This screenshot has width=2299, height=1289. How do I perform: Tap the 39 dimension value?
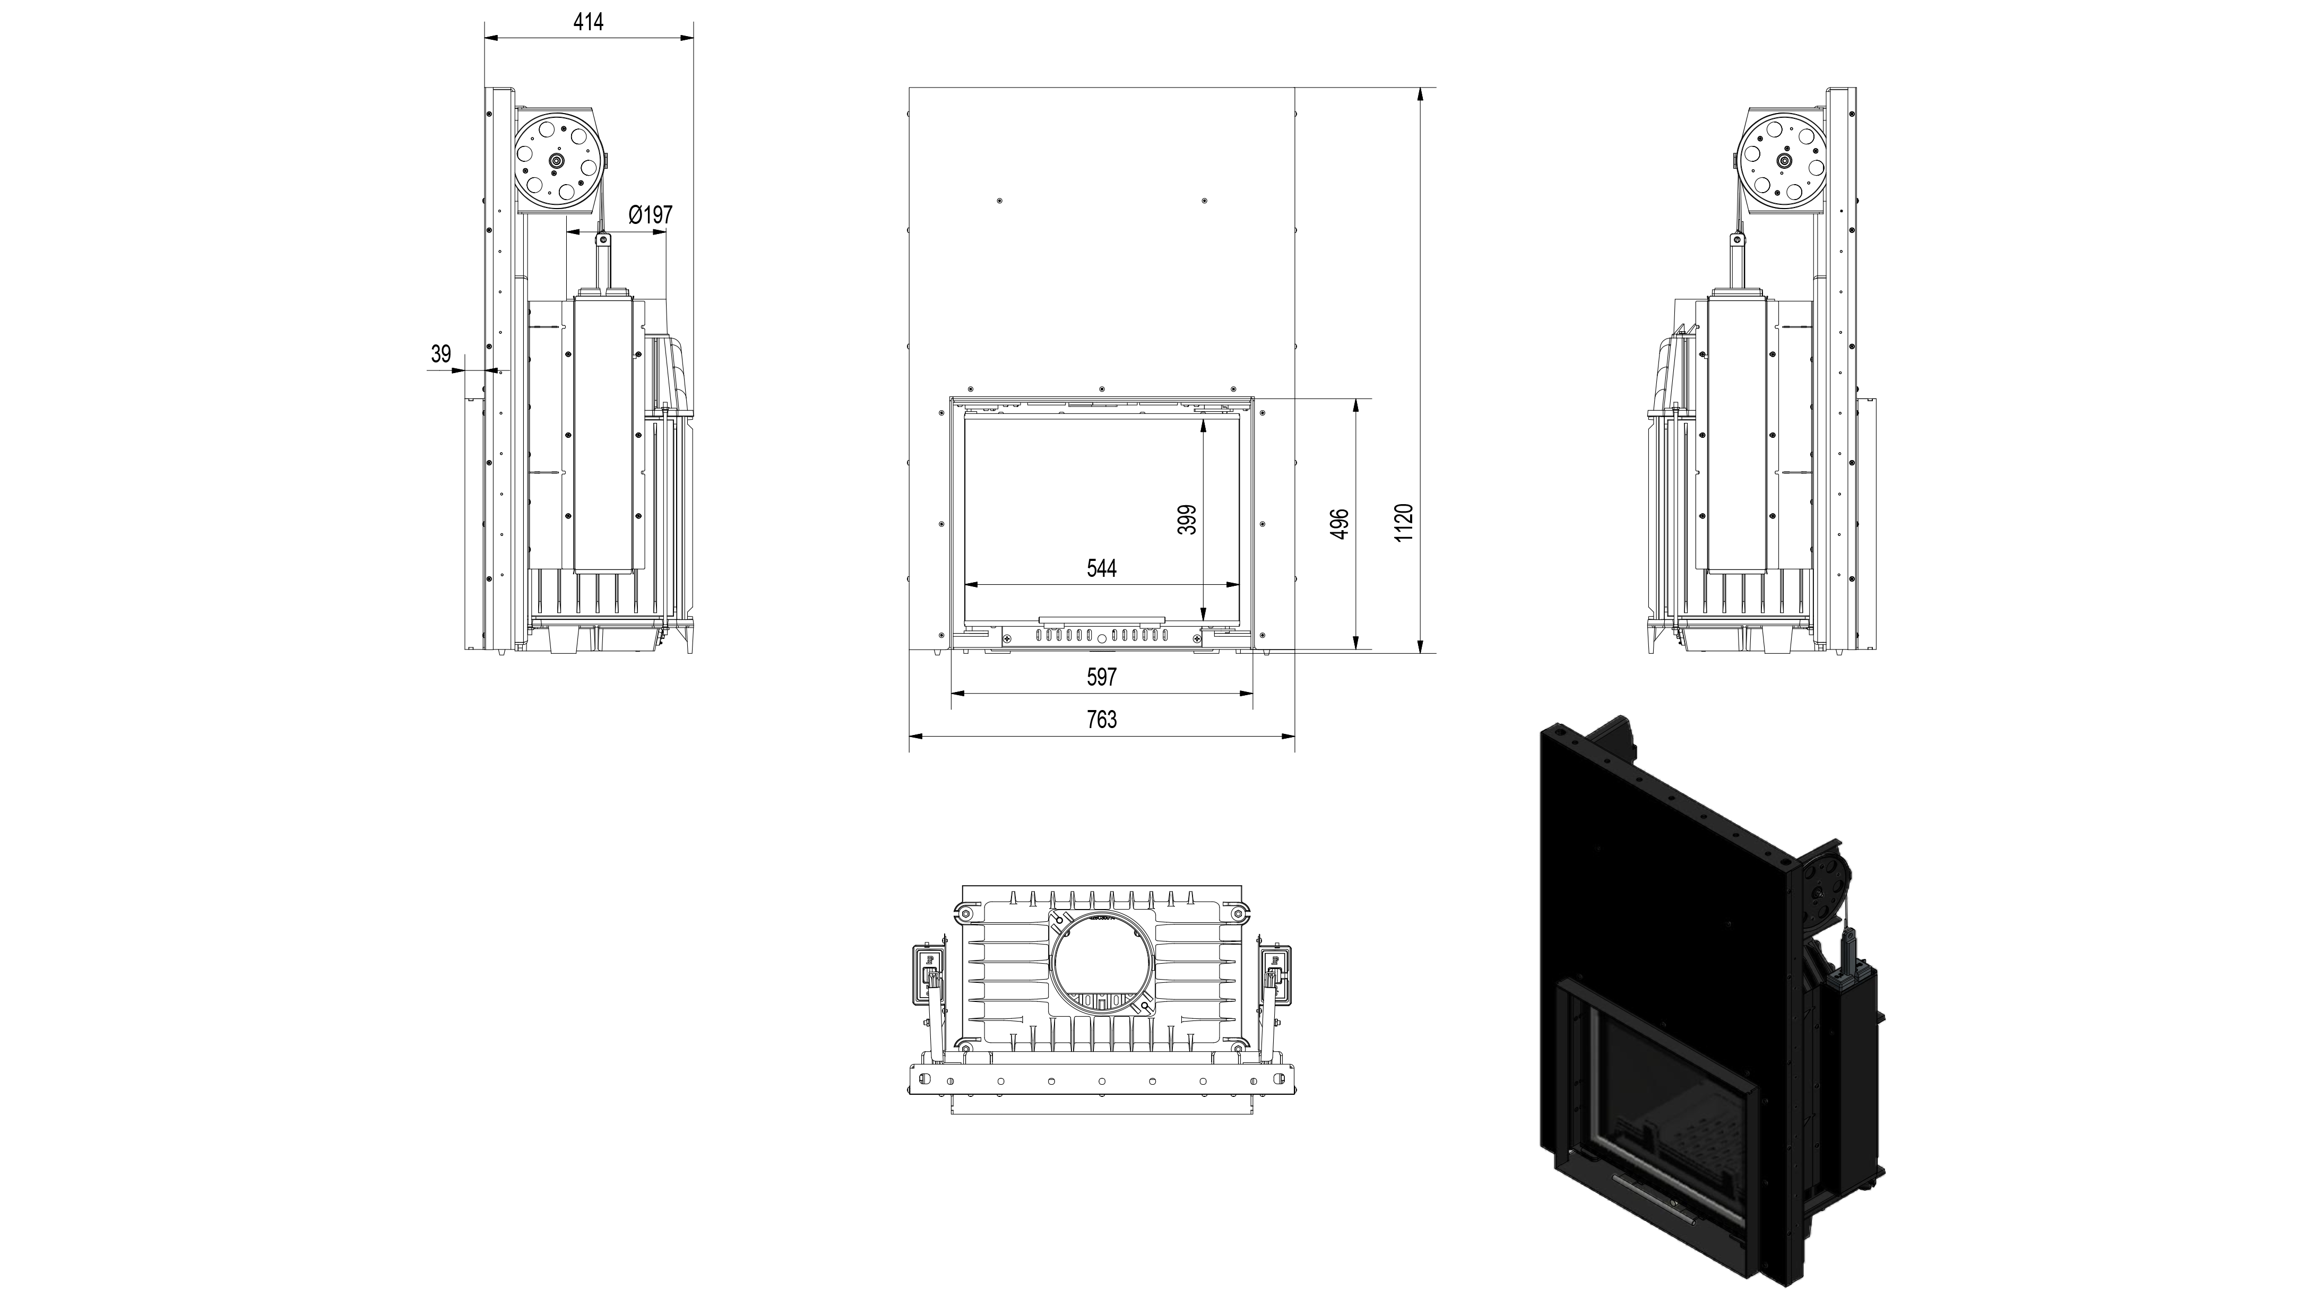tap(441, 354)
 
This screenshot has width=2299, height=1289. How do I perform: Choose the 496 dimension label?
tap(1339, 524)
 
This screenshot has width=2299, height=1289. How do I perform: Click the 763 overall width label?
tap(1101, 720)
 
